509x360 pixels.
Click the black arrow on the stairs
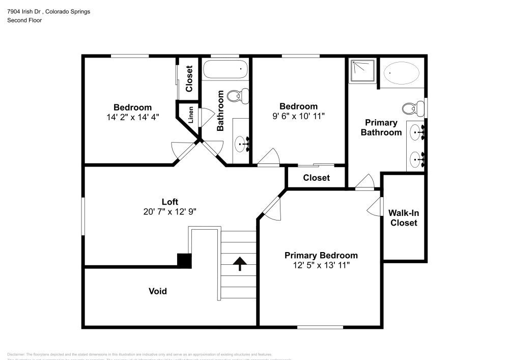point(239,263)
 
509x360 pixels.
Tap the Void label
point(157,291)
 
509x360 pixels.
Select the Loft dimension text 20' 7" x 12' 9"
point(170,211)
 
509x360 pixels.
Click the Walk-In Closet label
point(403,218)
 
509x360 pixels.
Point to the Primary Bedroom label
point(321,255)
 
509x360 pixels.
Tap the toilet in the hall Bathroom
point(237,95)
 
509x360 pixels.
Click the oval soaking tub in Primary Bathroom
point(401,73)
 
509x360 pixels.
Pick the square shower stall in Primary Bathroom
point(363,71)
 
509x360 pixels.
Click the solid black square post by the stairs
point(184,260)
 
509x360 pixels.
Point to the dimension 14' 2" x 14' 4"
point(132,117)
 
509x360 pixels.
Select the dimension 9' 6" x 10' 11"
point(298,116)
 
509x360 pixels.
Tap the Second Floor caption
point(24,20)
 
